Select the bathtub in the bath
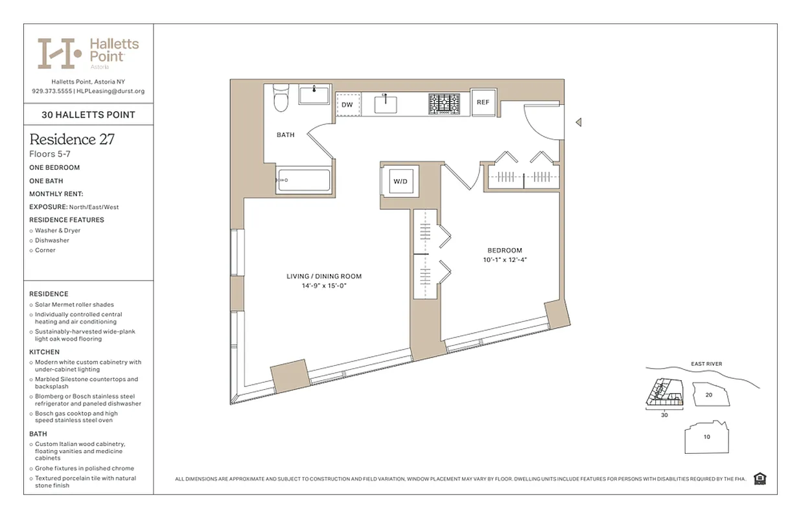click(303, 179)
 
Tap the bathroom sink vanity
click(316, 95)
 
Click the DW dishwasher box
click(347, 104)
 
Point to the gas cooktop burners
click(444, 104)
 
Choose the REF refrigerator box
click(483, 102)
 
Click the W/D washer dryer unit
click(400, 181)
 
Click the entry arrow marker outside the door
click(579, 122)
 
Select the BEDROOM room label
click(504, 251)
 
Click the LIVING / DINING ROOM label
click(324, 276)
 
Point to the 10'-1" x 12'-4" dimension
click(504, 260)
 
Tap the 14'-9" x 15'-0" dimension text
click(324, 286)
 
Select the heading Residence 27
click(72, 139)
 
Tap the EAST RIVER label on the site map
click(706, 364)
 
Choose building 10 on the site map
click(707, 437)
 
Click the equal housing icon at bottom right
click(760, 479)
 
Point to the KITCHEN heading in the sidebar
click(44, 352)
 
